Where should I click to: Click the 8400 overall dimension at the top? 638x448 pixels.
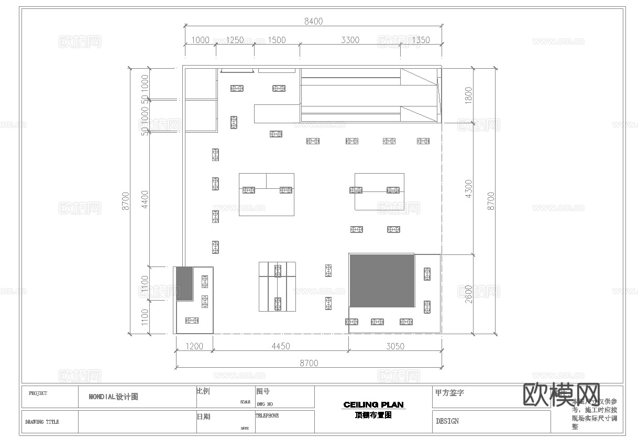313,22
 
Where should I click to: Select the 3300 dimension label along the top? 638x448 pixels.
350,40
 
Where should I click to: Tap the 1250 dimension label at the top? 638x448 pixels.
234,40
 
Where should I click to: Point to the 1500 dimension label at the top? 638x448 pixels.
277,40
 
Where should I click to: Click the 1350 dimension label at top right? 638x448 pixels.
421,40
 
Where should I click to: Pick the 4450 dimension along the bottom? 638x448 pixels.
281,346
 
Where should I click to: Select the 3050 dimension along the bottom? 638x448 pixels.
395,346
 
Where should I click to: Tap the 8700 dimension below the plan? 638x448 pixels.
308,363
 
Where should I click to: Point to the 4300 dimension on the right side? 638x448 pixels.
469,188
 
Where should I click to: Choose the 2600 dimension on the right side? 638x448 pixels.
469,294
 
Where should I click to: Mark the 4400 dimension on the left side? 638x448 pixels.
145,199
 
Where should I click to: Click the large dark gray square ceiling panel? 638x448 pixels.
382,281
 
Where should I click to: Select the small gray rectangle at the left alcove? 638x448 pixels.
184,283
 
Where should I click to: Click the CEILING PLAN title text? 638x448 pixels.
373,404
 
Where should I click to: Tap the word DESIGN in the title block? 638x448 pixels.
447,421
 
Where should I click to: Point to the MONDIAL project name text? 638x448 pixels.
113,397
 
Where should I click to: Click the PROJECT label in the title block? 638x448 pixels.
38,393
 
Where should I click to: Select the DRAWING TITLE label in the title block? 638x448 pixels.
42,422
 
